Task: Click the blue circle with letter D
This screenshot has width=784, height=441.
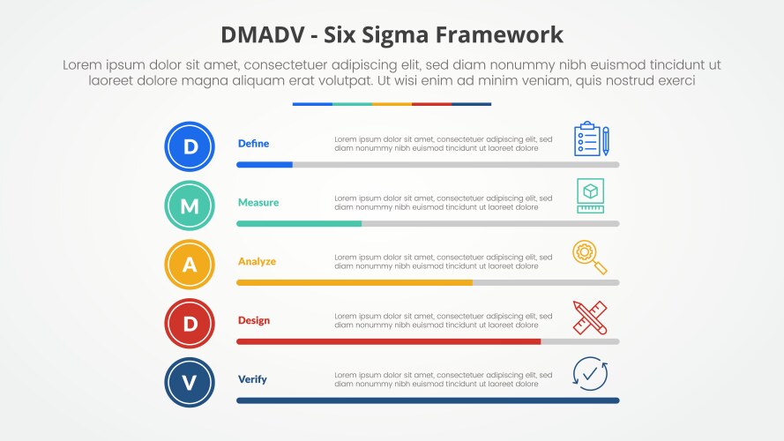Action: pyautogui.click(x=190, y=146)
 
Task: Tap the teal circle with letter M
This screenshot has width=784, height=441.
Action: pyautogui.click(x=190, y=206)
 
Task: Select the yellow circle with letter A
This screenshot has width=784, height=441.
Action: pyautogui.click(x=190, y=265)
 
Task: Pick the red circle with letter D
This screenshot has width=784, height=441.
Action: pyautogui.click(x=190, y=324)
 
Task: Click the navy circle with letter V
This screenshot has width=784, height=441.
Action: pyautogui.click(x=190, y=383)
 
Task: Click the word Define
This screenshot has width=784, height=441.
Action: pyautogui.click(x=253, y=144)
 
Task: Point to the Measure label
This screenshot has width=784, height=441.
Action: pyautogui.click(x=258, y=203)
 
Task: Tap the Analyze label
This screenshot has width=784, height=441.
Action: pyautogui.click(x=257, y=262)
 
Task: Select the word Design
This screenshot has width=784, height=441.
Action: pyautogui.click(x=253, y=321)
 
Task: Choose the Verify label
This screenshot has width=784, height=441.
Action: pyautogui.click(x=251, y=380)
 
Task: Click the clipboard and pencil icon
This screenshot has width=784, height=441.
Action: pyautogui.click(x=590, y=139)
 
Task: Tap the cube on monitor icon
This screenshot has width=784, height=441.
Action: pyautogui.click(x=590, y=195)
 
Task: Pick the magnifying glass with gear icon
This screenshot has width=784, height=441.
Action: pyautogui.click(x=589, y=257)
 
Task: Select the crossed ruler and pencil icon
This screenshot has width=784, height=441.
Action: pyautogui.click(x=589, y=317)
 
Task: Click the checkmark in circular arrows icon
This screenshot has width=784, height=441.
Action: pyautogui.click(x=589, y=374)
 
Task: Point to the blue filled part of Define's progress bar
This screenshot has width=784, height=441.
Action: pyautogui.click(x=264, y=165)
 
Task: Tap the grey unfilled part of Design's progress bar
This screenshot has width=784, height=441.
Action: pyautogui.click(x=579, y=341)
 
